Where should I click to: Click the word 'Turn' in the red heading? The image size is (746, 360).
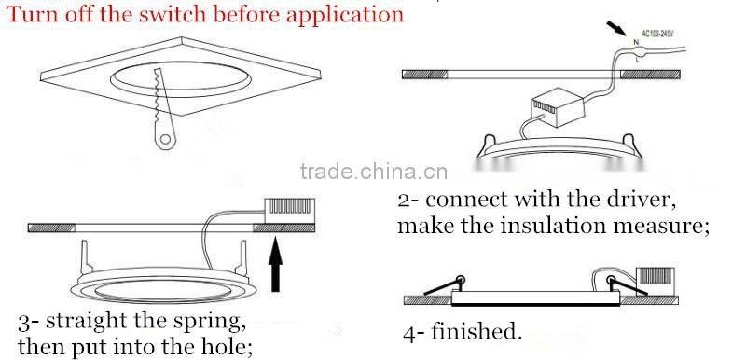[x=32, y=15]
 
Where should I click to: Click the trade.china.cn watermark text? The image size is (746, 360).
[x=375, y=171]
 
